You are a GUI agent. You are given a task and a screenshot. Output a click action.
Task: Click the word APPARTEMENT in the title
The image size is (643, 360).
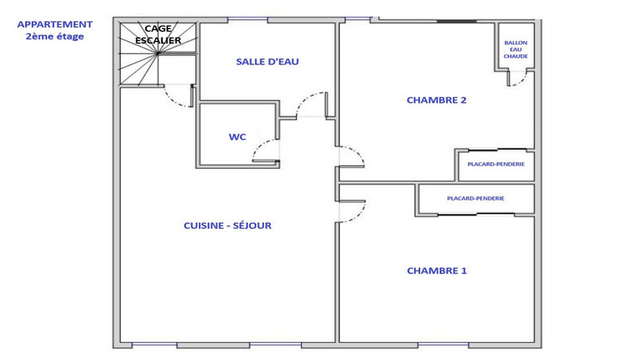(x=55, y=25)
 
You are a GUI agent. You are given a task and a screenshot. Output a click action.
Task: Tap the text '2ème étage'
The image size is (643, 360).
(x=55, y=37)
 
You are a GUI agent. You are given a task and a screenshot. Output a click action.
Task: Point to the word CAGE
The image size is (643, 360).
(x=157, y=29)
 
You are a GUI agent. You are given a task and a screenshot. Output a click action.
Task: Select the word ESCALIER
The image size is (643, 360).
(x=157, y=40)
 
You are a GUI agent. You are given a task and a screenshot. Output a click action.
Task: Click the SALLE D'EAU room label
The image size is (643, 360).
(x=267, y=62)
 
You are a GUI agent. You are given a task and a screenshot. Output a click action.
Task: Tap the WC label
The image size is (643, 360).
(x=237, y=137)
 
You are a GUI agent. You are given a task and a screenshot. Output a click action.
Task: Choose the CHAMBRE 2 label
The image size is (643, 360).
(x=436, y=100)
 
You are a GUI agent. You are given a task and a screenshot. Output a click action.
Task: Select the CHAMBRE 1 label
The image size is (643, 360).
(x=436, y=271)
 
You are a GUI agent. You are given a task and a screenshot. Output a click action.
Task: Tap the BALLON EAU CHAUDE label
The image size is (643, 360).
(x=516, y=50)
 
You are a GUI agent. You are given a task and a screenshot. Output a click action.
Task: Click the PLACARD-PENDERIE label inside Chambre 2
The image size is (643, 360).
(x=496, y=164)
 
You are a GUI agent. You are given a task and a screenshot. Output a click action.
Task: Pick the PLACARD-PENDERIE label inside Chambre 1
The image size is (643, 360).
(x=476, y=198)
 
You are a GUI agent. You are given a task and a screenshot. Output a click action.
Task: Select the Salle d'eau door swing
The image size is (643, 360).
(x=310, y=104)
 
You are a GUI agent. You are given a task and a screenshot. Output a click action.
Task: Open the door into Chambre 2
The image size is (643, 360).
(x=352, y=158)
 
